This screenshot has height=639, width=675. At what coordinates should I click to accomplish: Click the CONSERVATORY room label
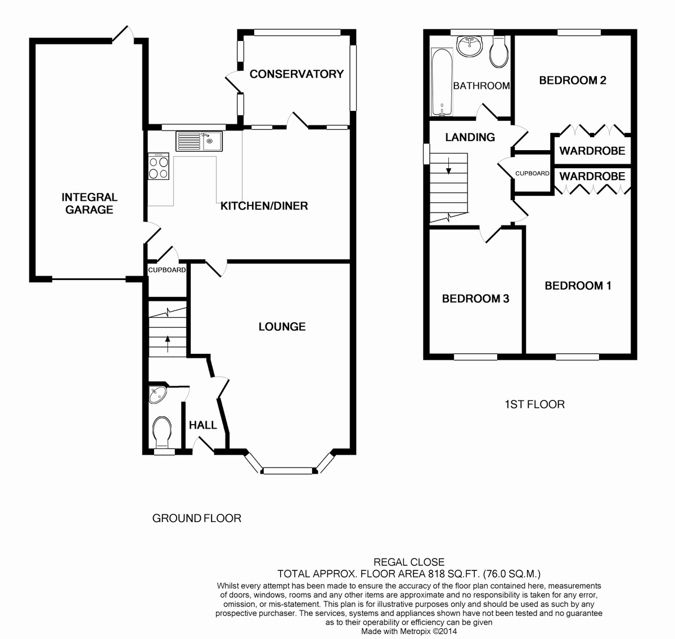296,74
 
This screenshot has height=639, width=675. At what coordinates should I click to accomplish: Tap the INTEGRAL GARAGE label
89,203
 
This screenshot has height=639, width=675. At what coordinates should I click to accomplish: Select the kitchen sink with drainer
199,141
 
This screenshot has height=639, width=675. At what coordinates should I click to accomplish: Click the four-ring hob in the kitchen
159,166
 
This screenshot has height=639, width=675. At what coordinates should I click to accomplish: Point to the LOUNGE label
282,327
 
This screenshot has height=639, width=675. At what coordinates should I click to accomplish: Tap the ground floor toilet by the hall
162,433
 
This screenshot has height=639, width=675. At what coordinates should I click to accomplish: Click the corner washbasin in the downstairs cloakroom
157,394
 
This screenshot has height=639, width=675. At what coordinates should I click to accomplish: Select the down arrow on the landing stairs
449,166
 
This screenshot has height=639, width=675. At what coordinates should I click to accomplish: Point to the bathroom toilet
499,52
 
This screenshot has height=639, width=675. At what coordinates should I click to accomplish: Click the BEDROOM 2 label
573,80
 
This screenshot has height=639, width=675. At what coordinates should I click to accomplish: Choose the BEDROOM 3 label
475,299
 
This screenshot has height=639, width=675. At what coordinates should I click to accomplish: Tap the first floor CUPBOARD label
532,173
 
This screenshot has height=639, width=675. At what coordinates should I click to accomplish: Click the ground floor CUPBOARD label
167,270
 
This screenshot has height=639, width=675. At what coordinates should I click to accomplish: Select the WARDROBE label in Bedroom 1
592,177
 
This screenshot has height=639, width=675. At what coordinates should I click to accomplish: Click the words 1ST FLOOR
534,404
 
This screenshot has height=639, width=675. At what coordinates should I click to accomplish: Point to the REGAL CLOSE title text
409,562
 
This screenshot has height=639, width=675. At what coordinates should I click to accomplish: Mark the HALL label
203,425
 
